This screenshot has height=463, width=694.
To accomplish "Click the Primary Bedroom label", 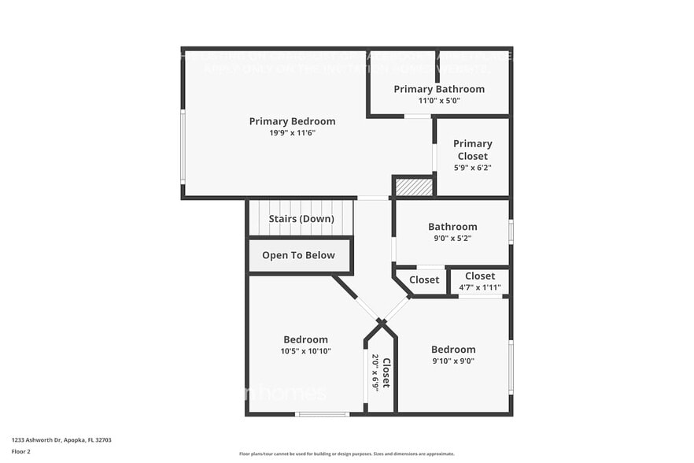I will (292, 121).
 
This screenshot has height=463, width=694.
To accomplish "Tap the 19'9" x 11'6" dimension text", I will (292, 133).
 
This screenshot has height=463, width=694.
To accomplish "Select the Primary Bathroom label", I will (439, 89).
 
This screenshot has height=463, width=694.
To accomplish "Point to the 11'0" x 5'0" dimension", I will (439, 101).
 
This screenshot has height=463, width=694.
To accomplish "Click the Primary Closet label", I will (472, 150).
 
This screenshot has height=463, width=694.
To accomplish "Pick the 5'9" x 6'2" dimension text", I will (472, 168).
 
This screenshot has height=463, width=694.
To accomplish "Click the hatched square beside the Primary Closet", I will (414, 187).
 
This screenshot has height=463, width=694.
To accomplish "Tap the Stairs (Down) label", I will (301, 219).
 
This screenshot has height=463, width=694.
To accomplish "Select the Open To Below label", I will (298, 255).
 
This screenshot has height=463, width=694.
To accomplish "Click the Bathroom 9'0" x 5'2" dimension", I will (452, 239).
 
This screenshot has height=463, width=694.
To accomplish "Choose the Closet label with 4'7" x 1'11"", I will (480, 276).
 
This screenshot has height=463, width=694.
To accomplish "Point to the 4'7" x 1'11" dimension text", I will (480, 287).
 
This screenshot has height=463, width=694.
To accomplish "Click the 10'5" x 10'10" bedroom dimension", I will (305, 351).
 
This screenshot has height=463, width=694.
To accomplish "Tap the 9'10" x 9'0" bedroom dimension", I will (453, 361).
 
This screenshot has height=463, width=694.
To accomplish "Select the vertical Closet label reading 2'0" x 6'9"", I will (386, 371).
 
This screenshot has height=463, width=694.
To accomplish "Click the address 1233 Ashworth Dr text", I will (61, 440).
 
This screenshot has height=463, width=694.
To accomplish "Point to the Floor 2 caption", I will (21, 452).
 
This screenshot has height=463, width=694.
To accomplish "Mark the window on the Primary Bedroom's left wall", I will (183, 147).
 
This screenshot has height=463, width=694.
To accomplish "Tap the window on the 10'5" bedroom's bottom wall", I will (322, 413).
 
